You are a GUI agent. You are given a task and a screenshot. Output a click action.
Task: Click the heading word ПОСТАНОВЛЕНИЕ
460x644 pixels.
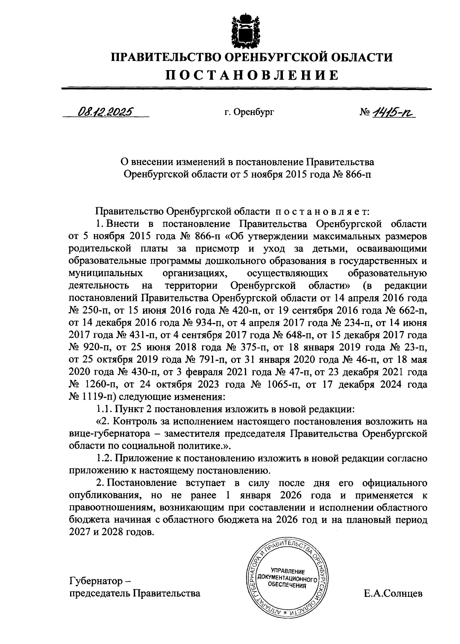click(252, 75)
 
